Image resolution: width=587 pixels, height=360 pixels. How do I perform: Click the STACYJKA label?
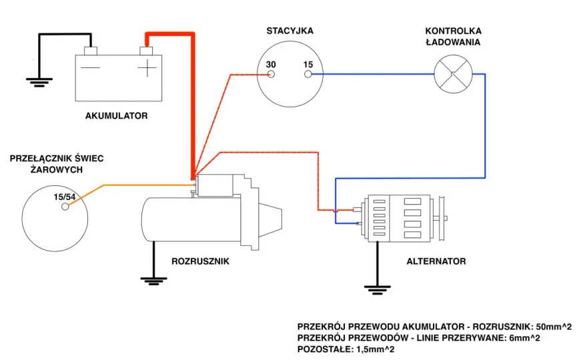289,31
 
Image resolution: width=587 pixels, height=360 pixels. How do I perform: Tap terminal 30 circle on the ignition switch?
271,74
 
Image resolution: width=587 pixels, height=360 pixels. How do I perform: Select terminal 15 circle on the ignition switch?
308,74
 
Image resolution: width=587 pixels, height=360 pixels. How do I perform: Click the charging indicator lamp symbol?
453,74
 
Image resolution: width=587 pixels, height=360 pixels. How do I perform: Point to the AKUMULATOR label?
117,115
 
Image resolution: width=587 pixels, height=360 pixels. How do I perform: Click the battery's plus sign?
147,68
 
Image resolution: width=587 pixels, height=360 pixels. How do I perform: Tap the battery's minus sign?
91,68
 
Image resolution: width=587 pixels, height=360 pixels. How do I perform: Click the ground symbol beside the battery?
39,82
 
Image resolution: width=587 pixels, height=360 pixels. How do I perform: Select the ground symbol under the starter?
153,281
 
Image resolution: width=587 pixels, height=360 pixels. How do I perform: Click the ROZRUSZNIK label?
200,261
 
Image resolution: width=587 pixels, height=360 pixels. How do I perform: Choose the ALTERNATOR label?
436,261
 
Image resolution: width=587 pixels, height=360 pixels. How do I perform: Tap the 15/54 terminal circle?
65,206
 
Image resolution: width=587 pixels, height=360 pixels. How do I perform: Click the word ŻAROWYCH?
57,169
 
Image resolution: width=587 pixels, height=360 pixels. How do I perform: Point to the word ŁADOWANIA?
453,42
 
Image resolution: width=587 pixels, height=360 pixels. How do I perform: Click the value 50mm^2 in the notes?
554,327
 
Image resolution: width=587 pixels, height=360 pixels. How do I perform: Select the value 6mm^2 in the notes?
525,338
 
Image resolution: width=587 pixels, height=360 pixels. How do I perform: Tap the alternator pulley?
441,218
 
